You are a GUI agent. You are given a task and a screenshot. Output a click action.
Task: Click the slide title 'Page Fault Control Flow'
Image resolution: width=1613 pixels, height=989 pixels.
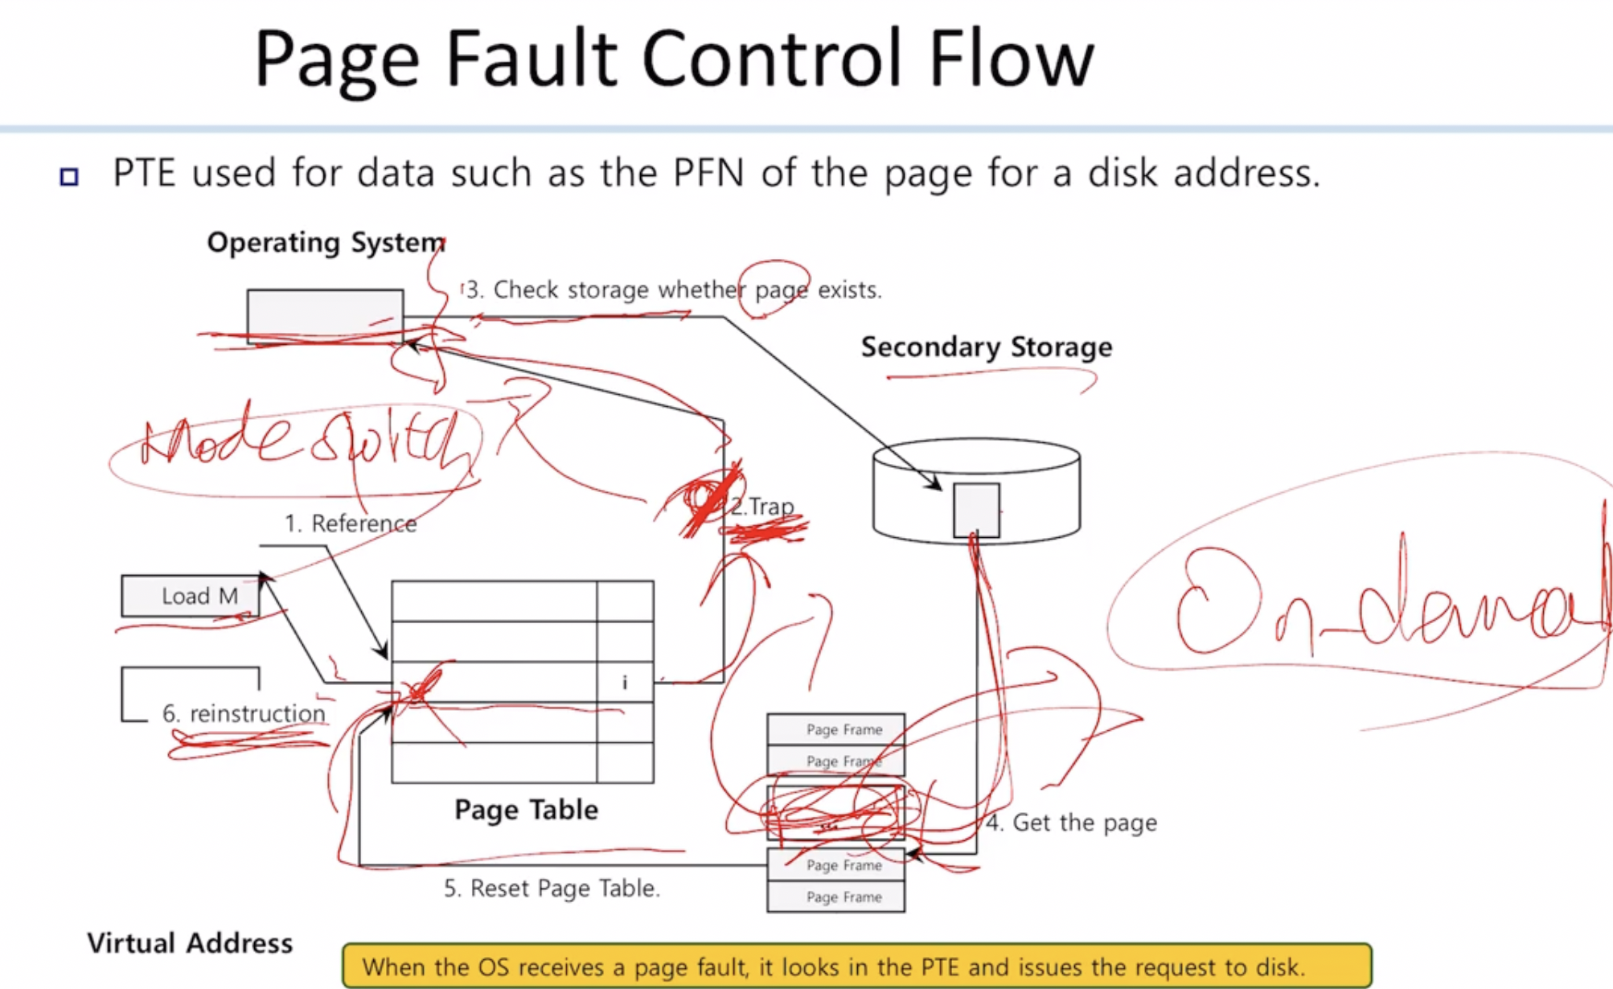coord(674,60)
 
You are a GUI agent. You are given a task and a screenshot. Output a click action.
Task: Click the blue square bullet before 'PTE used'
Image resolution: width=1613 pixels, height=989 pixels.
coord(69,176)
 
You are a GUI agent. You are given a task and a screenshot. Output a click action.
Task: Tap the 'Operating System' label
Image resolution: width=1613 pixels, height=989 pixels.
coord(326,242)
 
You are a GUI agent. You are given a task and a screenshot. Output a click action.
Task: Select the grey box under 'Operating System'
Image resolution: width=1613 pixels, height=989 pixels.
coord(325,315)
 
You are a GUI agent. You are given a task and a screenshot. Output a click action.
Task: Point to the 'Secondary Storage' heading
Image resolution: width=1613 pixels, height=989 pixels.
coord(987,347)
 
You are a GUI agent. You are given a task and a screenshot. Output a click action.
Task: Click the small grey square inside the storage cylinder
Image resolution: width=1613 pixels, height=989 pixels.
coord(976,510)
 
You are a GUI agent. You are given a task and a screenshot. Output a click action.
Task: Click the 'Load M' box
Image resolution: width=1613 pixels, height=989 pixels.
coord(191,596)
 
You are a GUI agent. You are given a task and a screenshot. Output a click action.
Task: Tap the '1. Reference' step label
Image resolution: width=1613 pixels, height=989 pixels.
coord(351,523)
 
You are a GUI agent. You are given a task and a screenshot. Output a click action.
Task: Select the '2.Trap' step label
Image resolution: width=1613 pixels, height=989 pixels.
coord(761,507)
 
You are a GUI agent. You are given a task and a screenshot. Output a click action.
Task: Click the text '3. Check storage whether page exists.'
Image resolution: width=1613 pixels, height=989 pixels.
coord(674,289)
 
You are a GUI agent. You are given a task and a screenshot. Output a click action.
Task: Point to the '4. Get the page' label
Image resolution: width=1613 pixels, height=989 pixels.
coord(1072,823)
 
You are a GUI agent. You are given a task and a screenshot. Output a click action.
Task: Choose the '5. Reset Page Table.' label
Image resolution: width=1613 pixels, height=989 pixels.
coord(552,888)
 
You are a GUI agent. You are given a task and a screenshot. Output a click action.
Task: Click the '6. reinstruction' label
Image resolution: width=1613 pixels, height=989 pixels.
coord(244,713)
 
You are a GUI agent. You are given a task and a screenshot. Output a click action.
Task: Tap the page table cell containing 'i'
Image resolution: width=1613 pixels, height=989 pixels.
coord(625,683)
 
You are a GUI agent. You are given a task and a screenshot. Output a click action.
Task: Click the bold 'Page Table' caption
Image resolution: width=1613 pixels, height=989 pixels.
coord(526,809)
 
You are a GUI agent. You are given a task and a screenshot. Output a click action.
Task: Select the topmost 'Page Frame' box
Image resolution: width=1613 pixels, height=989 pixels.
coord(836,729)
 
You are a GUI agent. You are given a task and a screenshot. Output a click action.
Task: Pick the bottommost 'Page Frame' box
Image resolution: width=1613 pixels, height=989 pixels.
coord(836,897)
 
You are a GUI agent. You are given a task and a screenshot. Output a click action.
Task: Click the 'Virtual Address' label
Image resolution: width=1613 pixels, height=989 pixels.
coord(190,942)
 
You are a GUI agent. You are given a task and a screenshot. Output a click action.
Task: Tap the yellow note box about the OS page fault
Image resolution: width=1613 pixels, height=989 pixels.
coord(856,966)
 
